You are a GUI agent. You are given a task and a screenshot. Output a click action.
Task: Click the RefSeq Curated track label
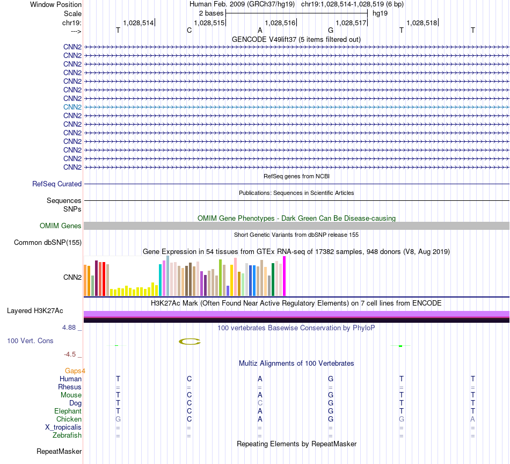tap(57, 184)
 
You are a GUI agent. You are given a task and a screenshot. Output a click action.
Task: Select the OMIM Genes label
tap(61, 226)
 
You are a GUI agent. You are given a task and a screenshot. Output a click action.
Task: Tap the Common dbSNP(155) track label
tap(48, 243)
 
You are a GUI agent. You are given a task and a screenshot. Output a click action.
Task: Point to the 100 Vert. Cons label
tap(30, 340)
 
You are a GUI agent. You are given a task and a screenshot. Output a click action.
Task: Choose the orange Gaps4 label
tap(75, 371)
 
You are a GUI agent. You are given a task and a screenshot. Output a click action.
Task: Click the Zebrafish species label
tap(67, 435)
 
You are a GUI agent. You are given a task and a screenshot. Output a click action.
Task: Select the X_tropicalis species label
tap(63, 427)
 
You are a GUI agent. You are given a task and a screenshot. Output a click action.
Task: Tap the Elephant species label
tap(67, 411)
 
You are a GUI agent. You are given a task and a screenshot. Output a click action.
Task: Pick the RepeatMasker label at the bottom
tap(59, 451)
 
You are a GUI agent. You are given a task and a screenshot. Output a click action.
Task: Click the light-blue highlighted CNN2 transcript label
tap(72, 107)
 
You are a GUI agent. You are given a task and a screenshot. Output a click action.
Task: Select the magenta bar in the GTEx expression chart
tap(285, 276)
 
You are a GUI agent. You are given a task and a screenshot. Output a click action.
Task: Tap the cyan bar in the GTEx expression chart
tap(161, 280)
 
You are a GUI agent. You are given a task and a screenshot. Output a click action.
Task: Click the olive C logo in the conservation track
tap(190, 341)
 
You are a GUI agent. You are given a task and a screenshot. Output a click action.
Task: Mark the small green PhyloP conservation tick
tap(400, 346)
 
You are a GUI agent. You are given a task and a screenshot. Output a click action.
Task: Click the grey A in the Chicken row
tap(472, 419)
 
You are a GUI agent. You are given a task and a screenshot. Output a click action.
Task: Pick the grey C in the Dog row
tap(260, 403)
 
